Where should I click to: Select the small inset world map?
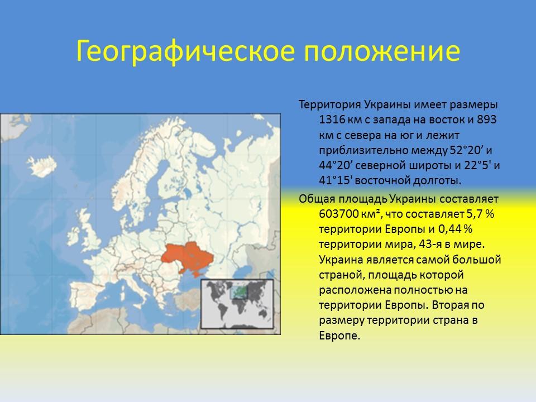click(x=237, y=304)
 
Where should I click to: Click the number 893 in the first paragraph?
click(x=488, y=120)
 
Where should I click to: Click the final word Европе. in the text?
click(x=340, y=336)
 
